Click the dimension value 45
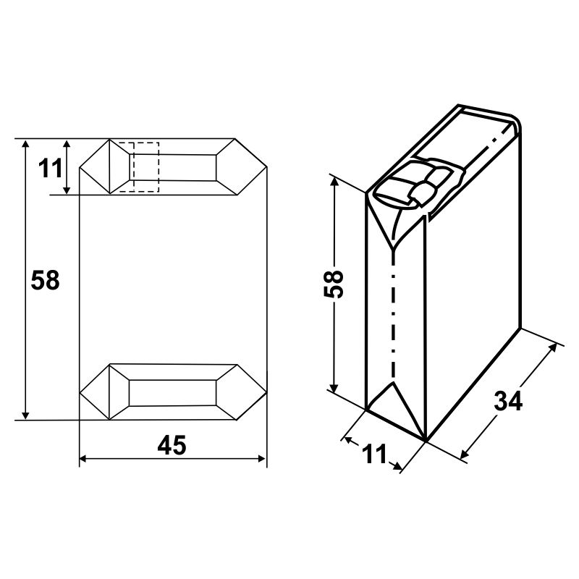tap(172, 445)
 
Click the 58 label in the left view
tap(45, 280)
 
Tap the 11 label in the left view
tap(50, 169)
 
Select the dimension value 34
tap(508, 401)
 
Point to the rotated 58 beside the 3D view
tap(334, 284)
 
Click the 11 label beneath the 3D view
tap(374, 454)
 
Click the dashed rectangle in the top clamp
tap(139, 167)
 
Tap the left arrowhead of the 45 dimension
tap(83, 459)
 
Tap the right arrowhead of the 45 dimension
tap(262, 459)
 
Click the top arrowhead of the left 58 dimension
tap(25, 143)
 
